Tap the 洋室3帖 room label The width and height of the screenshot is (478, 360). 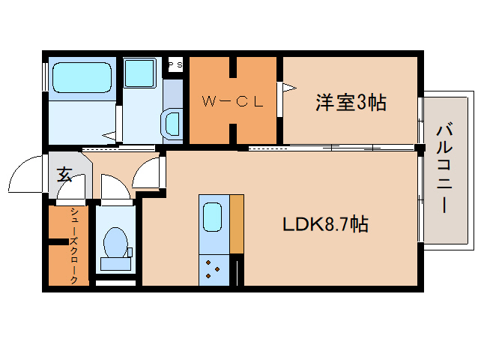click(x=350, y=103)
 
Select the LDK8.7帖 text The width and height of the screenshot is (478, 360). click(x=324, y=223)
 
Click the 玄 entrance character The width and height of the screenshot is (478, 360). click(x=64, y=175)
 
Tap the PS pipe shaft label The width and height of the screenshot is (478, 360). click(x=175, y=65)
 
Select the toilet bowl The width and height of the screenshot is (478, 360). click(x=115, y=242)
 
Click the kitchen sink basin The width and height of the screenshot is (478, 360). click(x=213, y=218)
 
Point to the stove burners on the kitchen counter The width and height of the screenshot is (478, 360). click(x=214, y=268)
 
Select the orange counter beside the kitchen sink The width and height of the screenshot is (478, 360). click(x=237, y=223)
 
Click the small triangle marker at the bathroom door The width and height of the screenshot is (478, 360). click(x=110, y=136)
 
